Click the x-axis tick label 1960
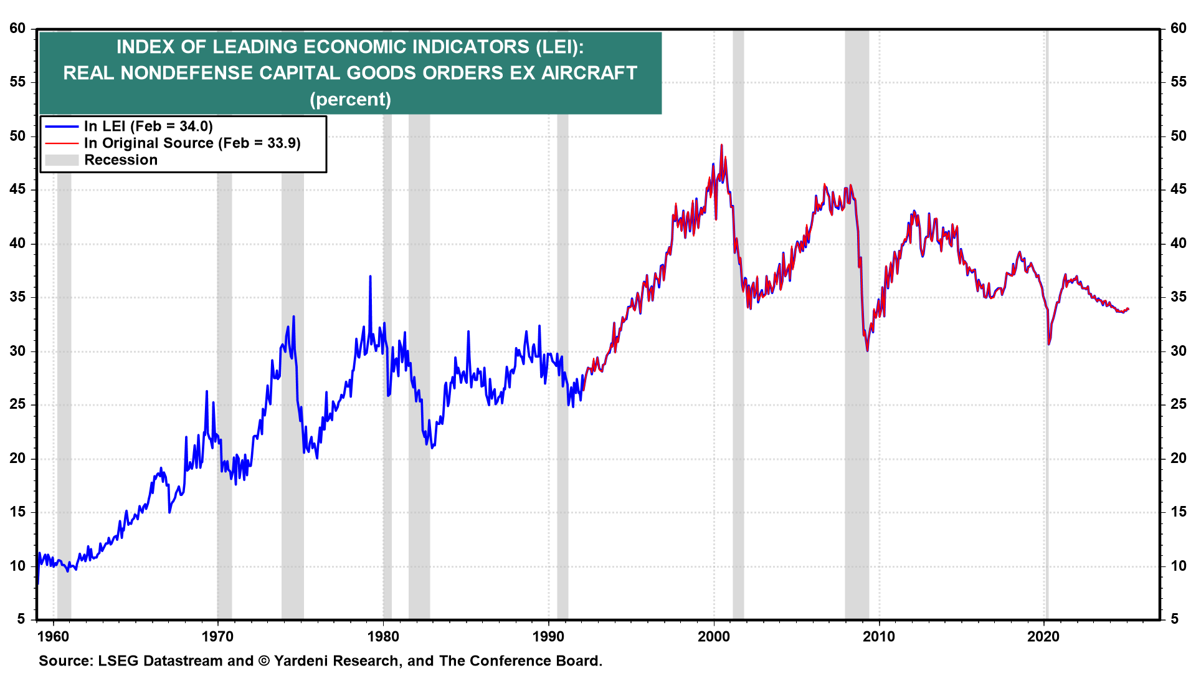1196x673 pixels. [53, 636]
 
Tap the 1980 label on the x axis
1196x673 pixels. [383, 636]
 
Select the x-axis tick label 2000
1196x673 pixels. [713, 636]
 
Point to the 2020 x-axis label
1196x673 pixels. [1043, 636]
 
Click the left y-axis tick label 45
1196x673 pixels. [17, 189]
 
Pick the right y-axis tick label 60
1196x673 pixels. [1178, 29]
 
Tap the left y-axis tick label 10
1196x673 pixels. [17, 566]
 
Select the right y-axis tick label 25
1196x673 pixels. [1178, 404]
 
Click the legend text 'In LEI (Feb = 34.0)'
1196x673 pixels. [148, 126]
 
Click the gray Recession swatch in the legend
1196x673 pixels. [62, 160]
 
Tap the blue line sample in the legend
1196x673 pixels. [62, 126]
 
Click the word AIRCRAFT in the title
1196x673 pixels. [589, 73]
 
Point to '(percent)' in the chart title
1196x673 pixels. [350, 99]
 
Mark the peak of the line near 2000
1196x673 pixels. [721, 145]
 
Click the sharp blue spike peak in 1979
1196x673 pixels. [370, 276]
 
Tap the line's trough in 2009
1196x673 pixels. [867, 351]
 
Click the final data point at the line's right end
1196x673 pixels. [1128, 309]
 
